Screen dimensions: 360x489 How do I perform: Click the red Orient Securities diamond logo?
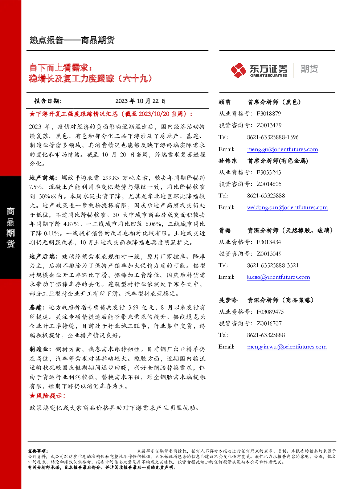coord(238,70)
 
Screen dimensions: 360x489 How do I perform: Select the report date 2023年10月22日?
coord(140,101)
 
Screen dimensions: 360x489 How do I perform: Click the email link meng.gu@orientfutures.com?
coord(282,149)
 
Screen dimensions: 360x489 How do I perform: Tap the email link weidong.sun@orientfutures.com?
coord(287,207)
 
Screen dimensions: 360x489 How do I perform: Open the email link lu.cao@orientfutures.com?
coord(278,277)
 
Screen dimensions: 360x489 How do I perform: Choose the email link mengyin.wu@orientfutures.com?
coord(287,347)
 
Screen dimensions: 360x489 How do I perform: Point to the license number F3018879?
coord(269,114)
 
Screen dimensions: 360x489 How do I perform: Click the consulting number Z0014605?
coord(269,184)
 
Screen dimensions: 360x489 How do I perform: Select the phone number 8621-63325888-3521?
coord(273,265)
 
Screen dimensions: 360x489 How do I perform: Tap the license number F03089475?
coord(270,312)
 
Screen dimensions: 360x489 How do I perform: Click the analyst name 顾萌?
coord(225,102)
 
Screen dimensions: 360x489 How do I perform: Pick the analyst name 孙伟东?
coord(228,161)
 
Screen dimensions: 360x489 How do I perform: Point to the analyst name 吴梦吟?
coord(228,300)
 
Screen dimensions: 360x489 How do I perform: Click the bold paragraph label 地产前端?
coord(42,178)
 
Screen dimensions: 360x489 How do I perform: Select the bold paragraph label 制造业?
coord(39,349)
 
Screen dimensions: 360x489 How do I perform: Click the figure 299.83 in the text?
coord(111,178)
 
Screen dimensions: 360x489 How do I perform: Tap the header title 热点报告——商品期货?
coord(72,40)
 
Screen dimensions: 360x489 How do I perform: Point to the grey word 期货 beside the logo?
coord(309,69)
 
